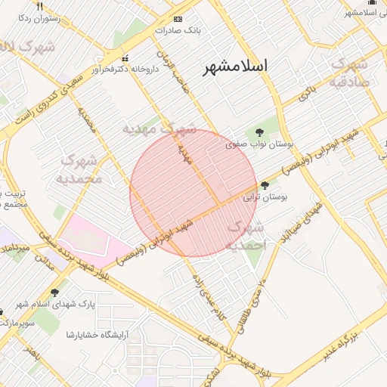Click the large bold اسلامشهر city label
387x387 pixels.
coord(236,67)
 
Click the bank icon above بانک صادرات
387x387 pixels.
coord(178,19)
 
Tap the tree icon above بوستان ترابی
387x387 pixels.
coord(265,184)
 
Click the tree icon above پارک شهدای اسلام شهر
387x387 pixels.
coord(54,292)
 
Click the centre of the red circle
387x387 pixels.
coord(193,193)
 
